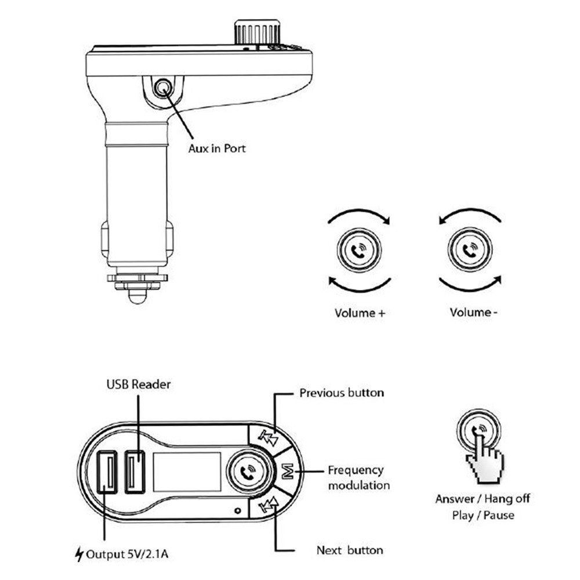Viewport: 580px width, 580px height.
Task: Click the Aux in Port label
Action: click(x=216, y=148)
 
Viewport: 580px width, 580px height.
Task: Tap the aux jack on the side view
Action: click(x=162, y=89)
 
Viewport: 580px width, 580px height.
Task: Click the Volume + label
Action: click(x=360, y=313)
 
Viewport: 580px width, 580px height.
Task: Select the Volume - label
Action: click(x=474, y=313)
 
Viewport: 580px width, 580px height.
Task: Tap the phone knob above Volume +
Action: click(x=359, y=251)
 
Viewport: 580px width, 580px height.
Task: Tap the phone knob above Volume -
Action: click(x=469, y=251)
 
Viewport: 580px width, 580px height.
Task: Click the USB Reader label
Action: click(x=138, y=384)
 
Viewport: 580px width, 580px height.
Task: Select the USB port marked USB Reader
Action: click(x=135, y=470)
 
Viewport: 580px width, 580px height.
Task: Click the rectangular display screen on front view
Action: click(x=187, y=470)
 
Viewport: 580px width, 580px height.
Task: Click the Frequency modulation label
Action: click(x=356, y=477)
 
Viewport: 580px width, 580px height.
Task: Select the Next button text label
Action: click(x=350, y=550)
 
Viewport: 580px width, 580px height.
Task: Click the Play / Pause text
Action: click(x=483, y=515)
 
